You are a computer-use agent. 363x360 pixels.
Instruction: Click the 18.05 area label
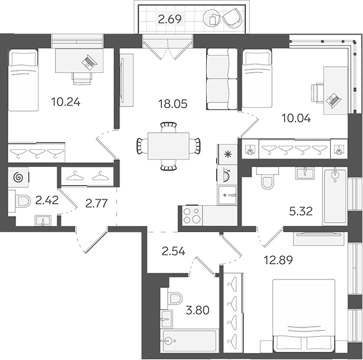173,104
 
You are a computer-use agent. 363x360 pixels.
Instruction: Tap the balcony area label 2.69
169,19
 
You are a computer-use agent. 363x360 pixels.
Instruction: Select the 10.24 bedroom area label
66,102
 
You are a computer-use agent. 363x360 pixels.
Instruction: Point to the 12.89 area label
278,260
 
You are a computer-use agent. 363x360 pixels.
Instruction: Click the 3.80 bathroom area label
198,310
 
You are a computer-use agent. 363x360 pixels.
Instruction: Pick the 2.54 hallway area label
173,251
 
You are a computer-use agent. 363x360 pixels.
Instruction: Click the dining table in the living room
169,146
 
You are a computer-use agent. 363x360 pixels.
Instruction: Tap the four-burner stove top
192,216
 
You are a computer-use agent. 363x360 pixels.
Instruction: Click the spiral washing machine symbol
19,177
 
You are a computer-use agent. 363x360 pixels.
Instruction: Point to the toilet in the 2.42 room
21,201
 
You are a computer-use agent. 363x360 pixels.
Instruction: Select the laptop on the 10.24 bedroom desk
89,61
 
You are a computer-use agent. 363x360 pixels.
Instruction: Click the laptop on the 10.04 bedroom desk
334,100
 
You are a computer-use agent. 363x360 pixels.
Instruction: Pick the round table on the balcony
212,19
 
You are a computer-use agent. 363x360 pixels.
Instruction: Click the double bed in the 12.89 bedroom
304,316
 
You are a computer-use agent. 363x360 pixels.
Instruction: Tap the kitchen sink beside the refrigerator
228,195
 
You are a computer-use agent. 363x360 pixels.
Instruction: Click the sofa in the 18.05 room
222,79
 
